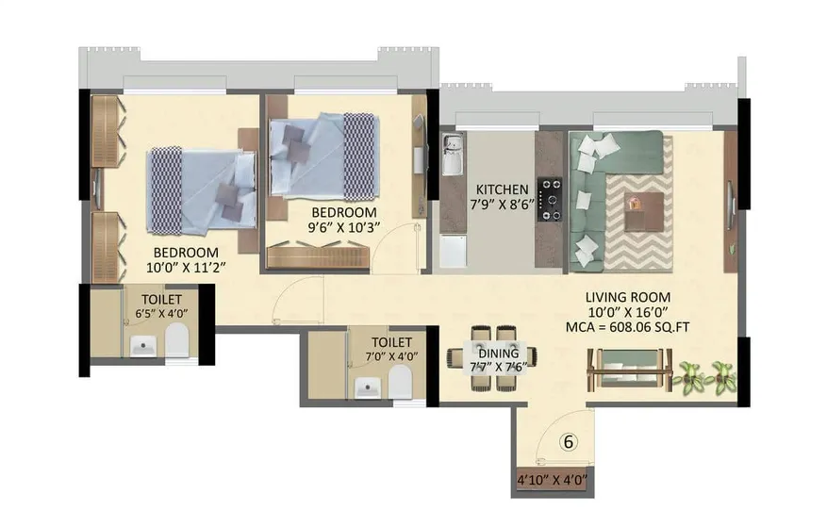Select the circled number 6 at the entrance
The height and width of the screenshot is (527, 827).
[x=568, y=440]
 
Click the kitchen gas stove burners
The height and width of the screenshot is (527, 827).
[x=550, y=199]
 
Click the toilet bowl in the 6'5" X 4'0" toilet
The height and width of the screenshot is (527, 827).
[x=176, y=343]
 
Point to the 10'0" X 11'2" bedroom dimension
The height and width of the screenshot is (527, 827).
[x=187, y=268]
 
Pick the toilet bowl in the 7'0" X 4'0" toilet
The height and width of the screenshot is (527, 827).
[x=400, y=382]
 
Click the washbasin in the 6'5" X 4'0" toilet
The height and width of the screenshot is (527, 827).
[x=142, y=346]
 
